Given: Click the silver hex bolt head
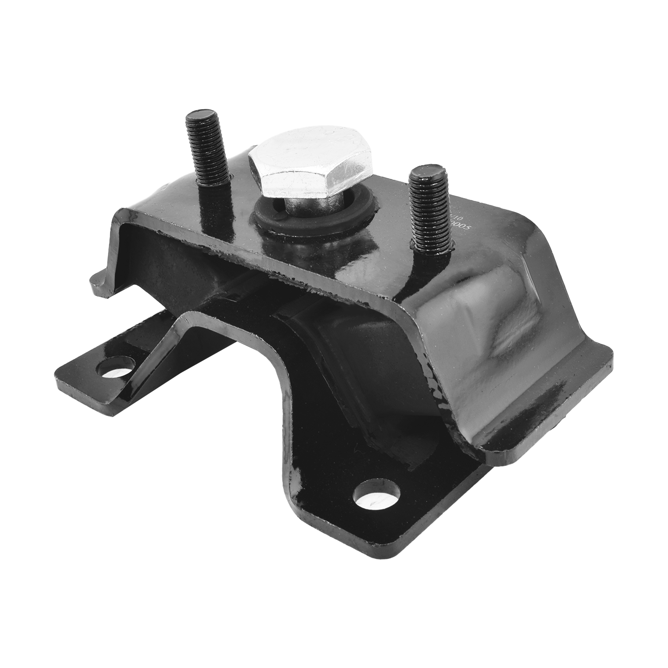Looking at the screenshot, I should click(309, 162).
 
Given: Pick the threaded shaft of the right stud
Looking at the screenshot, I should click(430, 211).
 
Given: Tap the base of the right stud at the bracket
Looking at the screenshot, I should click(432, 247).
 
